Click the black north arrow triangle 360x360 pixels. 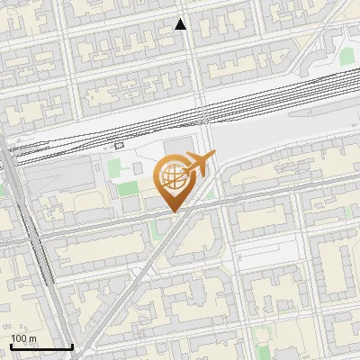pyautogui.click(x=181, y=24)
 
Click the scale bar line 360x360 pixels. pyautogui.click(x=41, y=346)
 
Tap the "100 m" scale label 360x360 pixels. pyautogui.click(x=23, y=338)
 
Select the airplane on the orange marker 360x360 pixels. pyautogui.click(x=200, y=164)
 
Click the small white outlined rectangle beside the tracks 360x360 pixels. pyautogui.click(x=119, y=145)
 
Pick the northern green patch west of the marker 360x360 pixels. pyautogui.click(x=114, y=167)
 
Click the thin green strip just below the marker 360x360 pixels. pyautogui.click(x=155, y=229)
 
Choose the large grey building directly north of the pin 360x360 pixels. pyautogui.click(x=180, y=148)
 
